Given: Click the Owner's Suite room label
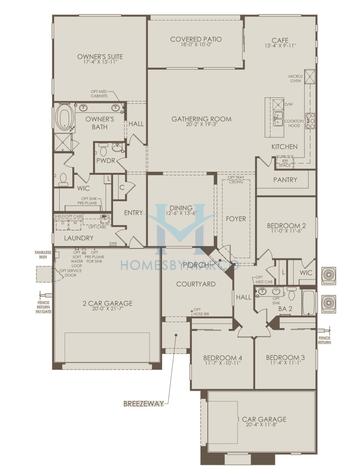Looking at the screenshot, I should pyautogui.click(x=98, y=58).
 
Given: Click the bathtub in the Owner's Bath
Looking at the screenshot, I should pyautogui.click(x=65, y=120).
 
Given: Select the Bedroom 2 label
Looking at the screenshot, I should pyautogui.click(x=286, y=227).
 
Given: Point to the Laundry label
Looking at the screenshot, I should pyautogui.click(x=79, y=239).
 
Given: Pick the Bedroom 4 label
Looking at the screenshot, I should pyautogui.click(x=222, y=357).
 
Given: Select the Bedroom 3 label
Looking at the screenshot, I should pyautogui.click(x=286, y=357).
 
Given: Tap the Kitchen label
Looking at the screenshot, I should pyautogui.click(x=284, y=147).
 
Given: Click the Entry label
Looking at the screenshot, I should pyautogui.click(x=133, y=212).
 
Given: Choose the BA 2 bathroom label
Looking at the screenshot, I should pyautogui.click(x=286, y=309).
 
